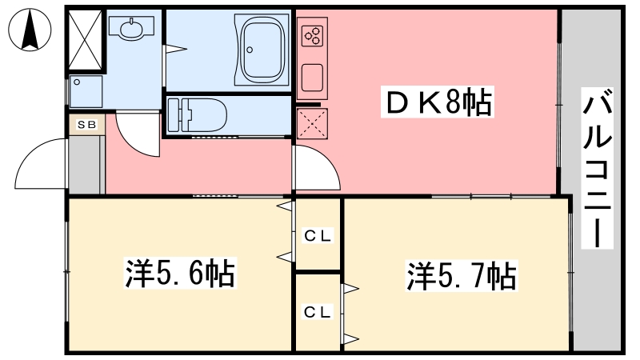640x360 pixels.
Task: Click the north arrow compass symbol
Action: click(30, 30)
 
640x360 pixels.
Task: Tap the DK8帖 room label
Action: click(438, 102)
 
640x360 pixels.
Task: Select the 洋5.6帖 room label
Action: click(179, 273)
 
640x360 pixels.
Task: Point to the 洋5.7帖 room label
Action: click(462, 275)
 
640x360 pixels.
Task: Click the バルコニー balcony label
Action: click(597, 168)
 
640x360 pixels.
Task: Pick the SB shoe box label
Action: click(86, 125)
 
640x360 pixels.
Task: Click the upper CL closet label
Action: click(318, 235)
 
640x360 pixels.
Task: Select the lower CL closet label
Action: click(318, 312)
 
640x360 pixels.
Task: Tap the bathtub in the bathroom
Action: click(262, 50)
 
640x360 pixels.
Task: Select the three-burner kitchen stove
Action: click(312, 36)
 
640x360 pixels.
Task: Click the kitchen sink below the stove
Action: click(312, 78)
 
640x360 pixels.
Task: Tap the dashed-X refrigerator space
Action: click(312, 124)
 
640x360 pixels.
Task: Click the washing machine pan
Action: click(86, 91)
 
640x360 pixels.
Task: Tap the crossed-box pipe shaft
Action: click(85, 39)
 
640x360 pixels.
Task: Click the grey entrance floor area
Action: click(85, 165)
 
